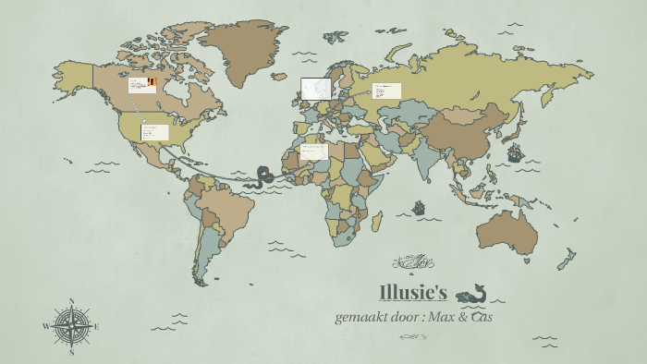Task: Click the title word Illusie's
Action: [413, 294]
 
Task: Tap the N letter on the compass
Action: [71, 301]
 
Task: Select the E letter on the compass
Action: [96, 326]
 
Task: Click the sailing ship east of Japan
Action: [515, 151]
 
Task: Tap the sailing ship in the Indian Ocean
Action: [418, 208]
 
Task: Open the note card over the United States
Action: [154, 132]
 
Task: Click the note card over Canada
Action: [142, 85]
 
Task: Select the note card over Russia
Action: [386, 91]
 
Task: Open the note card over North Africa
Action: [313, 152]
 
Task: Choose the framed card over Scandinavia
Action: [316, 88]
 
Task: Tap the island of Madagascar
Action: [377, 223]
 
